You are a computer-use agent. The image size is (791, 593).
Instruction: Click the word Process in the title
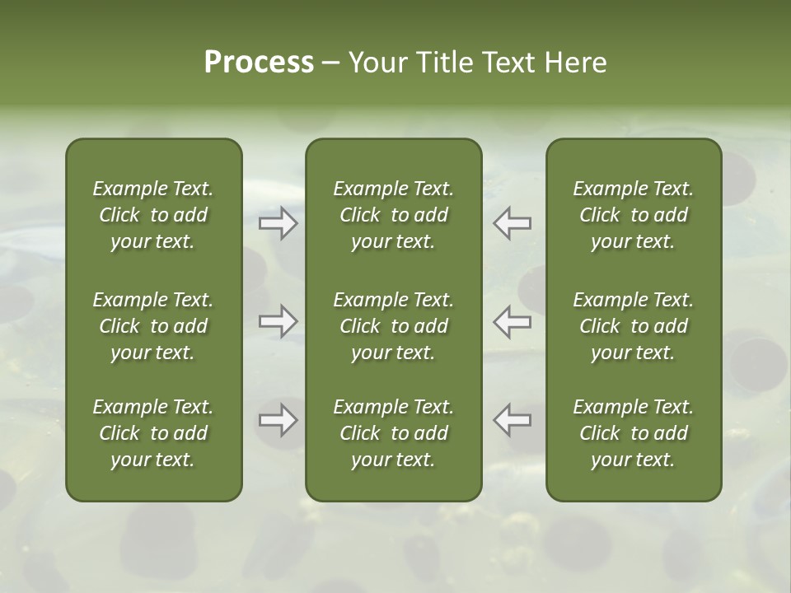coord(259,63)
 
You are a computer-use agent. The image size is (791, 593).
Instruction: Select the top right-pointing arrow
coord(278,223)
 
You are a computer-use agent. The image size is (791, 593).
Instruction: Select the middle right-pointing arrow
coord(278,321)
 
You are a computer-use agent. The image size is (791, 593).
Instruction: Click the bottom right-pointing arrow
coord(278,420)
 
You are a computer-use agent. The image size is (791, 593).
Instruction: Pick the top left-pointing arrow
coord(512,223)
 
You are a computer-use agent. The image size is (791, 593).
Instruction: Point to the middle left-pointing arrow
coord(512,321)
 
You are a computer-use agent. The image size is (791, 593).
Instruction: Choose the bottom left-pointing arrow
coord(512,420)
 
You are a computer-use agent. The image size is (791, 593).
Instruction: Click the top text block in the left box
coord(153,215)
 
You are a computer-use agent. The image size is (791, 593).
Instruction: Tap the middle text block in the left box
coord(153,326)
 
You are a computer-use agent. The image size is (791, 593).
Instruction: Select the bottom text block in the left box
coord(153,433)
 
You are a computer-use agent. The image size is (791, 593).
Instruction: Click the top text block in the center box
coord(393,215)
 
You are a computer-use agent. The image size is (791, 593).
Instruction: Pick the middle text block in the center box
coord(393,326)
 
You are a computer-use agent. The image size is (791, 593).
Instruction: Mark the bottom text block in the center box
coord(393,433)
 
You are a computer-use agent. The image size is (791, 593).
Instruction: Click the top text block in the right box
coord(633,215)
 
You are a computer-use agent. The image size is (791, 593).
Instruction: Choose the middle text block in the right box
coord(633,326)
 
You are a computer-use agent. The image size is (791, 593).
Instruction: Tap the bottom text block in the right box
coord(633,433)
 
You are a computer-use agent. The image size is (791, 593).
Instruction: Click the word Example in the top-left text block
coord(129,189)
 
